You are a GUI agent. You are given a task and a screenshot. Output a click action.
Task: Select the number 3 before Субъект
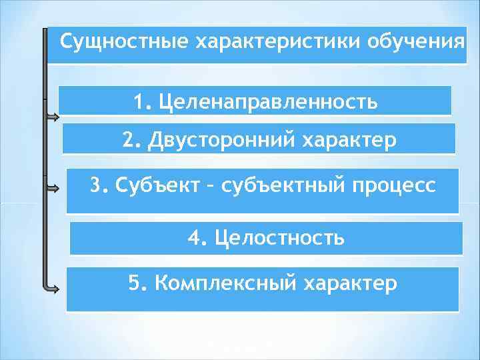point(98,185)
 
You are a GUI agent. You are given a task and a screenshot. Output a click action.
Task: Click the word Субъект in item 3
point(155,185)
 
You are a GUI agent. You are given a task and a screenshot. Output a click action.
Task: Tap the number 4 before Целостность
point(195,237)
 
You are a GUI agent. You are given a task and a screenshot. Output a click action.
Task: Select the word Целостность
point(280,237)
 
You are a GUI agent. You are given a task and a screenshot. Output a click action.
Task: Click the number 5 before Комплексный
point(135,283)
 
